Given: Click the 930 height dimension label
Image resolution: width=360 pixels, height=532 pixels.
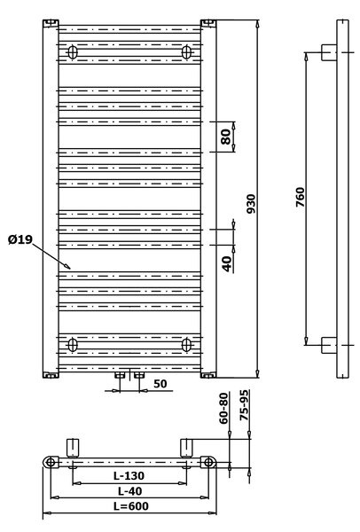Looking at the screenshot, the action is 251,204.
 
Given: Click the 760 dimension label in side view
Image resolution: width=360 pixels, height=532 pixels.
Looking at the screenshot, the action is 301,197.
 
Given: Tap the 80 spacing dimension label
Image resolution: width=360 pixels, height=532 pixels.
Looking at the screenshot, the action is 226,137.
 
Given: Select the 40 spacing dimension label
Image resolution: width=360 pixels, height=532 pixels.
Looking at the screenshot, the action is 227,263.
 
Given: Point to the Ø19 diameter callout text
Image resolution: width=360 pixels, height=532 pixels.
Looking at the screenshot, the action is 20,239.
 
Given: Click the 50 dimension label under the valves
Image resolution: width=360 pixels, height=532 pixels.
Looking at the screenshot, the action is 160,383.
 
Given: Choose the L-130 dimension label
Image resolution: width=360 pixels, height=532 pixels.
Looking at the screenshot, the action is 129,475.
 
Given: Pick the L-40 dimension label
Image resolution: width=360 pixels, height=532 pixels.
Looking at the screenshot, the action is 130,491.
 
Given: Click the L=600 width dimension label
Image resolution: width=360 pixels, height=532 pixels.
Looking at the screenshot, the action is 131,506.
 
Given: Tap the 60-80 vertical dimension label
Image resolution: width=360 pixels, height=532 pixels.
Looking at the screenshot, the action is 223,408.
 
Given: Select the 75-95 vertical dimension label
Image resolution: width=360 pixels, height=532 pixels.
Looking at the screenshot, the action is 244,405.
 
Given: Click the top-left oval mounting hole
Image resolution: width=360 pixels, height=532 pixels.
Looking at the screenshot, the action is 73,52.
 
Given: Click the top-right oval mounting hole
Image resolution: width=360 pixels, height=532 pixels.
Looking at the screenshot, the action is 186,52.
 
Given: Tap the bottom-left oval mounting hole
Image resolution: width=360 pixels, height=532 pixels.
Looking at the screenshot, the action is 73,345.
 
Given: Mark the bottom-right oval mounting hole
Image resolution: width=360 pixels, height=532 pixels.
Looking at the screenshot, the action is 186,345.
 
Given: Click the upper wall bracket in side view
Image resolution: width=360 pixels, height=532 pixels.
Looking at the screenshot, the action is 329,52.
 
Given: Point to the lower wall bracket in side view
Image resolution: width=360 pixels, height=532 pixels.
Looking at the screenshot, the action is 329,345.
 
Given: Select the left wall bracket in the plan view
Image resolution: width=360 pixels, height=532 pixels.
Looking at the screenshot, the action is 73,448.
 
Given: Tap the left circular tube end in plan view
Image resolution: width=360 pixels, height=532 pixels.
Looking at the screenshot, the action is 51,462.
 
